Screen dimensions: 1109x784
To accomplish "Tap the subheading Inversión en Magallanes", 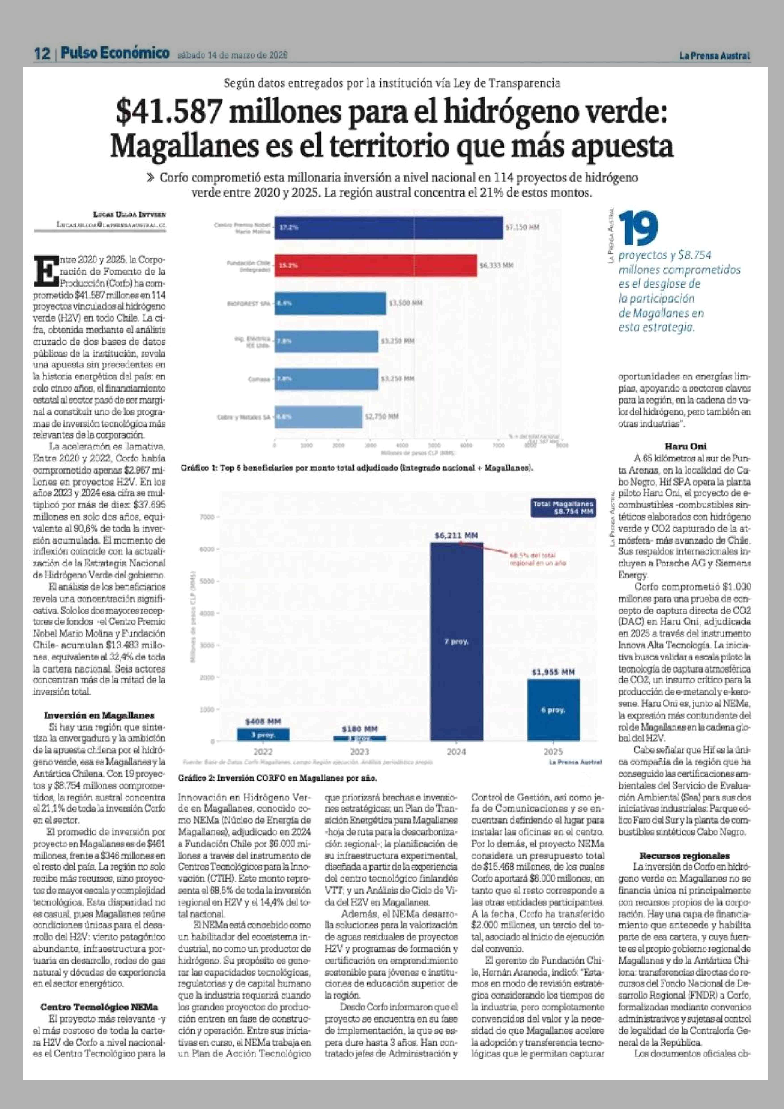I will [x=99, y=715].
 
